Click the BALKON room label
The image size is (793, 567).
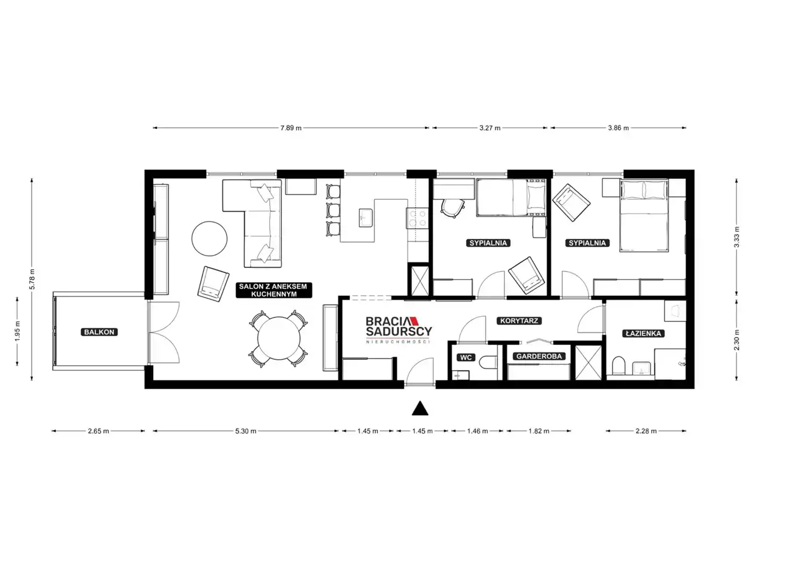(99, 332)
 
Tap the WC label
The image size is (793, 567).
(466, 357)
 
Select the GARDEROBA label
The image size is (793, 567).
(539, 356)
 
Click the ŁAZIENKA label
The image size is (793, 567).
(643, 334)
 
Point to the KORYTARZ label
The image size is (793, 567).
(519, 321)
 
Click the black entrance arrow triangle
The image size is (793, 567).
(420, 408)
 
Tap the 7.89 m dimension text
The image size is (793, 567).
(291, 128)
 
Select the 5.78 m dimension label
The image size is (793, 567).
(32, 279)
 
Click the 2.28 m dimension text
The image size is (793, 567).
(646, 431)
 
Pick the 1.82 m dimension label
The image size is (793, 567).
(539, 431)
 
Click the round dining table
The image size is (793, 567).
(279, 339)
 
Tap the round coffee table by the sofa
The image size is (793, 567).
(209, 238)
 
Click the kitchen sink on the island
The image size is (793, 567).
(365, 217)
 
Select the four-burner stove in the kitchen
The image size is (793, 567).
(417, 218)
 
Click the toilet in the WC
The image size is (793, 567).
(488, 362)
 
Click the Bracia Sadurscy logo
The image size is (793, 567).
(398, 329)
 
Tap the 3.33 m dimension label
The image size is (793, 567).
(737, 237)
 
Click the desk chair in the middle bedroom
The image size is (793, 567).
(452, 208)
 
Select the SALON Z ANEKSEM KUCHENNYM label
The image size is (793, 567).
(274, 290)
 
